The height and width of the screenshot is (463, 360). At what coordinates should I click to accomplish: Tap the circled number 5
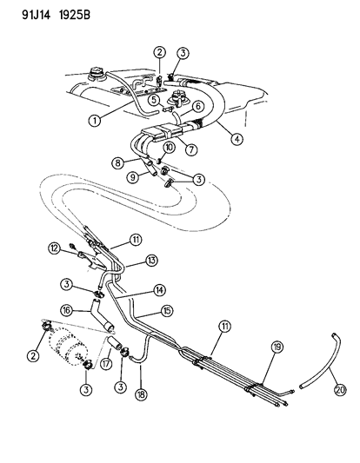pyautogui.click(x=153, y=99)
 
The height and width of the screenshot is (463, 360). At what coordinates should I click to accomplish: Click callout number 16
pyautogui.click(x=66, y=308)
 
